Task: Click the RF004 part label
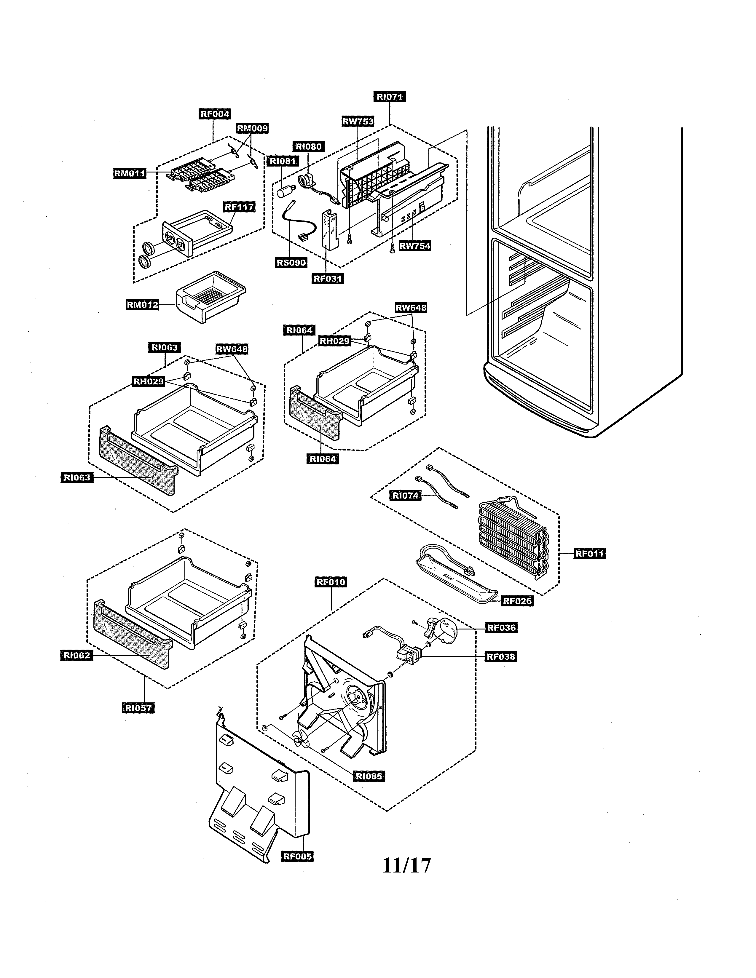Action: (x=215, y=114)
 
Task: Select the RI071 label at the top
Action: (x=389, y=97)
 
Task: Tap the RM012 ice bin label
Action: (x=142, y=305)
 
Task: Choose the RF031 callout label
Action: (x=328, y=279)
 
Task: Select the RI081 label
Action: (x=282, y=161)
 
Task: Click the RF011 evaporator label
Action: (x=589, y=554)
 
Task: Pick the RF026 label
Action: (x=517, y=601)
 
